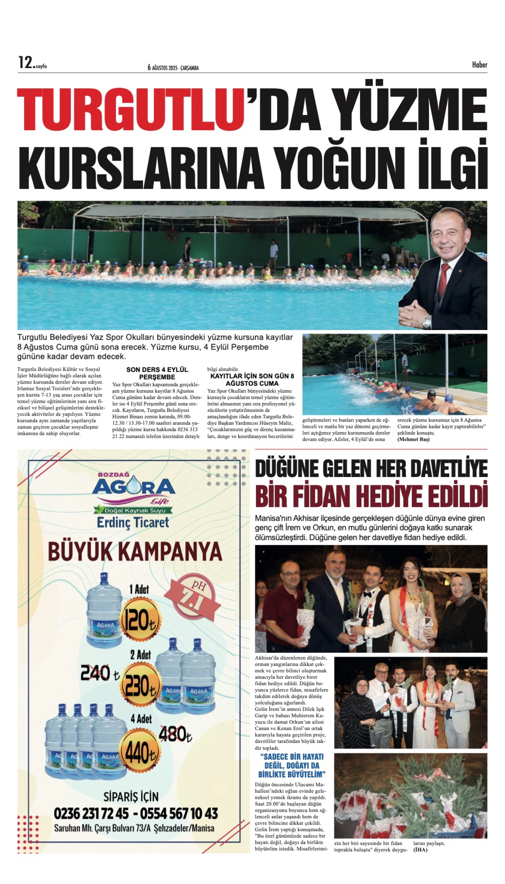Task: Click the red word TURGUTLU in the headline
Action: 131,110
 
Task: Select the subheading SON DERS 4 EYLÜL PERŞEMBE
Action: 157,373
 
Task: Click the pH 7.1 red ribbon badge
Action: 192,598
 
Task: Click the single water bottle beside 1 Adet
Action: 104,611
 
